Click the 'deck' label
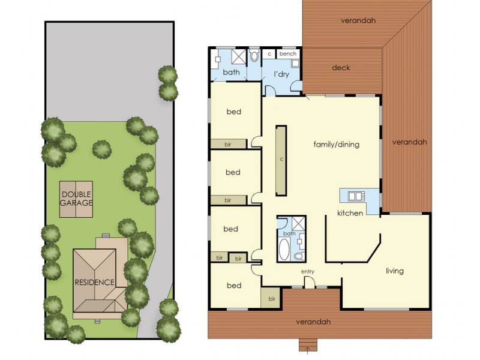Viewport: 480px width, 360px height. (x=341, y=68)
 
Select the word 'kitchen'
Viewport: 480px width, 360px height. (x=350, y=213)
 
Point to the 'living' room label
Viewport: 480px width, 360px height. (x=394, y=271)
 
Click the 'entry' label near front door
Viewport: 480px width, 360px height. (x=308, y=272)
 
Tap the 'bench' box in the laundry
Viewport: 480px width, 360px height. (x=288, y=54)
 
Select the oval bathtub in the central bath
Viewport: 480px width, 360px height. (x=284, y=249)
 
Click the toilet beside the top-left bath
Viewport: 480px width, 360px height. (x=254, y=56)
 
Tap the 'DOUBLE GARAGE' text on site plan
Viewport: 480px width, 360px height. (x=76, y=199)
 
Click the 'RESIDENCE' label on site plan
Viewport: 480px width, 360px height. (x=94, y=282)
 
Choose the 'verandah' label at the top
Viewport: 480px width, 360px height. (x=358, y=20)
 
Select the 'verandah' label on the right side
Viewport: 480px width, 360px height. (x=409, y=142)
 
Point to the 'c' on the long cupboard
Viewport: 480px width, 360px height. (x=281, y=160)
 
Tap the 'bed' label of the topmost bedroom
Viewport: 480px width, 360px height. (x=233, y=112)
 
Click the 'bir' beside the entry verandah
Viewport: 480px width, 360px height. (x=272, y=298)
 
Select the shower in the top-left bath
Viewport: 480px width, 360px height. (x=238, y=56)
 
